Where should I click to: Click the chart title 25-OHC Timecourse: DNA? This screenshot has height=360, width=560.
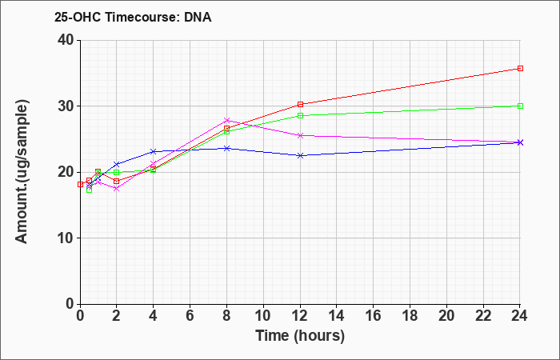[133, 17]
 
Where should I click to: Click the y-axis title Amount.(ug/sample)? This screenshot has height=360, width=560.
[22, 172]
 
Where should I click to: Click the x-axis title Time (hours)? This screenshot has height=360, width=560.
[300, 336]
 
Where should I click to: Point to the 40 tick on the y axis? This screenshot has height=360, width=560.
[66, 40]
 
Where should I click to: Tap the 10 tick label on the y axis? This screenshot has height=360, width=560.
[66, 238]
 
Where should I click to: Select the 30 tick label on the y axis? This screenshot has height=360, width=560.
[66, 106]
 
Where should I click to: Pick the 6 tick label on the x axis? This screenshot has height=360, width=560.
[190, 316]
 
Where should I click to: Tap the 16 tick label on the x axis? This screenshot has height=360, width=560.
[373, 316]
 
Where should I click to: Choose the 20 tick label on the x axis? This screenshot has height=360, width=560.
[446, 316]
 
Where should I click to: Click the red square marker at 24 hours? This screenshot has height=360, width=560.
[520, 68]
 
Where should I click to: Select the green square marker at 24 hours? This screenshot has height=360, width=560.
[520, 106]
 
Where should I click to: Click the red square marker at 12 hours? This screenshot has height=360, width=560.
[300, 104]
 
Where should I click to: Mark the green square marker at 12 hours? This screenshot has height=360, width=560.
[300, 115]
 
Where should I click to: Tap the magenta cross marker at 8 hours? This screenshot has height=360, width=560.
[226, 120]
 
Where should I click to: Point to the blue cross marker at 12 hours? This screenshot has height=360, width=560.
[300, 155]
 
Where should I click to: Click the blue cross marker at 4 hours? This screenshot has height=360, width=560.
[154, 151]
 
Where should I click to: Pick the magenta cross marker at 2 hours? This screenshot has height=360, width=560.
[117, 188]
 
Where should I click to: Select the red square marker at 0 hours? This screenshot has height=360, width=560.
[80, 184]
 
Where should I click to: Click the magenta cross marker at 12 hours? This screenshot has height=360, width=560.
[300, 135]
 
